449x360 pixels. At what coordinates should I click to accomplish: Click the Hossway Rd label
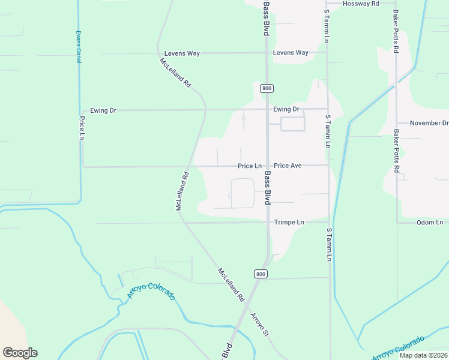[361, 4]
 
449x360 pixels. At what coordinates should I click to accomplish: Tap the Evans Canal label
[78, 47]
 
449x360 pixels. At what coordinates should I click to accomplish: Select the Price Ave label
[288, 166]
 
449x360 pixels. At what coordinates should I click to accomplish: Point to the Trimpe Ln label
[289, 222]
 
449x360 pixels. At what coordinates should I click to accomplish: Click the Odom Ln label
[429, 223]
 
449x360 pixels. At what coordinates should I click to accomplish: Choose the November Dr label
[429, 123]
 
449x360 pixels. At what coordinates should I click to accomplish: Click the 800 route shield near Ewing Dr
[267, 88]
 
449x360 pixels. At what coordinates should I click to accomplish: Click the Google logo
[20, 353]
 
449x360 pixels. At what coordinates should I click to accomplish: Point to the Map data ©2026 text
[423, 355]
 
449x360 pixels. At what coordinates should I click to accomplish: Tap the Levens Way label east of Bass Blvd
[291, 53]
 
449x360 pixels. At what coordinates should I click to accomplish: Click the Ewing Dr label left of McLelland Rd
[103, 110]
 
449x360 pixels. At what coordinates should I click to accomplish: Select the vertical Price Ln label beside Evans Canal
[82, 128]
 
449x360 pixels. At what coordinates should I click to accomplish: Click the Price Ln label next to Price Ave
[250, 166]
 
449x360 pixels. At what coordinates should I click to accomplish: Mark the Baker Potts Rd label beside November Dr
[396, 151]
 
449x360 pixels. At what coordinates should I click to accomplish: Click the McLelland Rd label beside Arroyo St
[231, 284]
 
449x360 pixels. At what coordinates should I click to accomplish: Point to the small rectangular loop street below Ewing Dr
[293, 124]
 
